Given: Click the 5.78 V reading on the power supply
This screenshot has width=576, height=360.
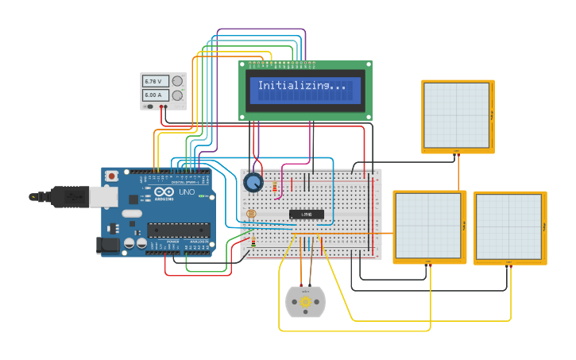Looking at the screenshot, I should pyautogui.click(x=153, y=81).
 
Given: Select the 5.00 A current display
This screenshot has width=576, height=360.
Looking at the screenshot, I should pyautogui.click(x=153, y=95).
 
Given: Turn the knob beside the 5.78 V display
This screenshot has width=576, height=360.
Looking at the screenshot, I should pyautogui.click(x=177, y=81).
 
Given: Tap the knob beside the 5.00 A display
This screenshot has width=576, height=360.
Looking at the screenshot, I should pyautogui.click(x=177, y=95).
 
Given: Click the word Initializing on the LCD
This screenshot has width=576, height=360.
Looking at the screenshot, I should pyautogui.click(x=291, y=86).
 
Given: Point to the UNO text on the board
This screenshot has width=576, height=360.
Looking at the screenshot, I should pyautogui.click(x=185, y=193).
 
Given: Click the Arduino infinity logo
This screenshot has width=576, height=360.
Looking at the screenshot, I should pyautogui.click(x=164, y=193).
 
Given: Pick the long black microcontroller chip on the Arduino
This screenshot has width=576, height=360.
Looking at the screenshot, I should pyautogui.click(x=179, y=230).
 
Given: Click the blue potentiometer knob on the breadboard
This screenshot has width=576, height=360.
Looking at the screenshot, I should pyautogui.click(x=253, y=183).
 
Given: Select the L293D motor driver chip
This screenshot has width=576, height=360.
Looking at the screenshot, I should pyautogui.click(x=306, y=214).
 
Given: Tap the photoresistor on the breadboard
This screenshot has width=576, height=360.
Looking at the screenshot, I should pyautogui.click(x=252, y=214).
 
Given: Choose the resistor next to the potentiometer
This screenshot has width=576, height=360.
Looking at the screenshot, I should pyautogui.click(x=276, y=188).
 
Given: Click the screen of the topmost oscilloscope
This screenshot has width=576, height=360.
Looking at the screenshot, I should pyautogui.click(x=456, y=115).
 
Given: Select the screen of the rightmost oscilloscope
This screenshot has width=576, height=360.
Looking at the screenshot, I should pyautogui.click(x=508, y=226).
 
